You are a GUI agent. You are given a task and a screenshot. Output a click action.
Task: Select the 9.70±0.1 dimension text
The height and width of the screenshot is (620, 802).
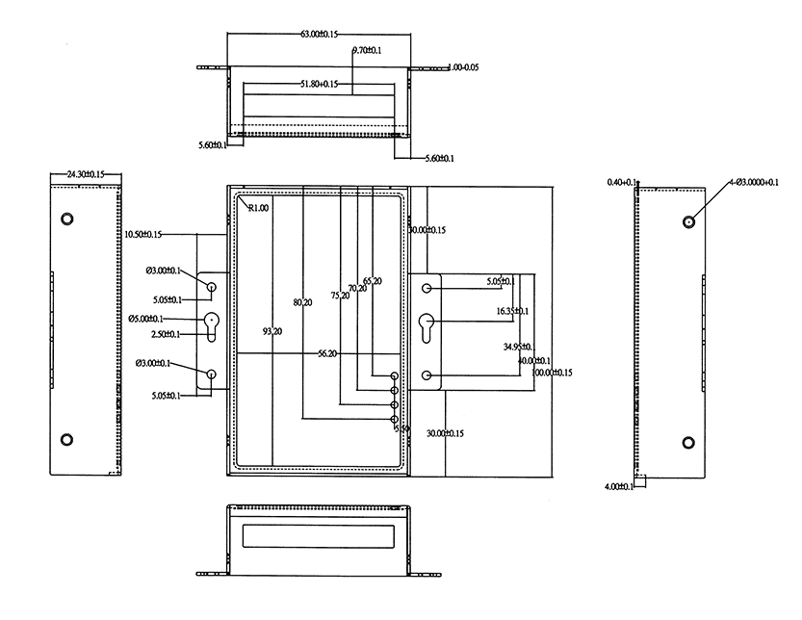coord(366,49)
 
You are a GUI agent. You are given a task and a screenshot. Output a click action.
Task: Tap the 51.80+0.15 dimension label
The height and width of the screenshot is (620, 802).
coord(318,85)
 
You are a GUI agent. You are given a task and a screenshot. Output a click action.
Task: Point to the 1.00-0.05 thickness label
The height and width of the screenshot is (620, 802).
coord(465,67)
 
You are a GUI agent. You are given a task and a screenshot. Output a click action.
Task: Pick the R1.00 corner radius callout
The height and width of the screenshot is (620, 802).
coord(258,208)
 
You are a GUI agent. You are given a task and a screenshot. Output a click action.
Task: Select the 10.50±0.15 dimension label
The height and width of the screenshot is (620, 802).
coord(142,234)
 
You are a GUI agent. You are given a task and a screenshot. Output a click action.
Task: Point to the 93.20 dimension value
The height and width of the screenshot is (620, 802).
coord(272,331)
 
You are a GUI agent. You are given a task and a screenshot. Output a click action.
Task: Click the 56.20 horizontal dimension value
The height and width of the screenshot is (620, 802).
coord(328,353)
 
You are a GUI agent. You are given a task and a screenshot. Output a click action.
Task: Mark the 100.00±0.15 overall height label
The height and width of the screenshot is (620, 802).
coord(552,373)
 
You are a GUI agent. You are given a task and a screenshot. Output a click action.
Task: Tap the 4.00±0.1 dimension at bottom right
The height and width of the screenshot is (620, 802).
coord(619,486)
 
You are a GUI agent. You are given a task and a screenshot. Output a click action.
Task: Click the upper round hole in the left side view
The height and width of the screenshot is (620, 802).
coord(66,219)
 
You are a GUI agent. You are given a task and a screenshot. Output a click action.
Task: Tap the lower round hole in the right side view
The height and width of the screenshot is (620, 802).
coord(688,442)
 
